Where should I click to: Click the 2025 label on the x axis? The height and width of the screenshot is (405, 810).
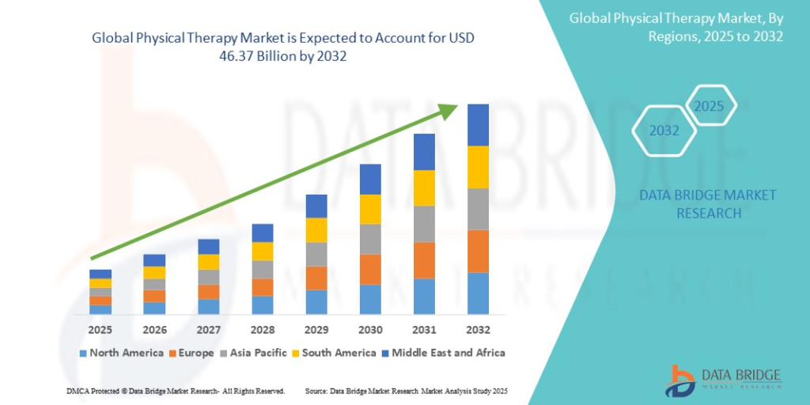point(100,329)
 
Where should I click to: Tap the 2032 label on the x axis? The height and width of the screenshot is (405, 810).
point(478,329)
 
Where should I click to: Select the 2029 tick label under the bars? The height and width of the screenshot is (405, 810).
point(316,329)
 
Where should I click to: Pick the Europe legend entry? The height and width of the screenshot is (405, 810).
point(191,353)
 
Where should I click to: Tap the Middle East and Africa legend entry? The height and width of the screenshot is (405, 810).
point(442,353)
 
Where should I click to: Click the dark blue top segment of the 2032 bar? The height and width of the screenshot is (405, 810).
point(478,125)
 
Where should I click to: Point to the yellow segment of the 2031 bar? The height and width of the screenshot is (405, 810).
point(424,187)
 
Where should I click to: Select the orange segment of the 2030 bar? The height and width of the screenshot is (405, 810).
point(370,269)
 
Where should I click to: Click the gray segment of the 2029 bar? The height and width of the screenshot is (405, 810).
point(316,254)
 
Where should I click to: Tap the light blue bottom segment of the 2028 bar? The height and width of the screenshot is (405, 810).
point(263,305)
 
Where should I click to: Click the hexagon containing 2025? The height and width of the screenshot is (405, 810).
point(709,106)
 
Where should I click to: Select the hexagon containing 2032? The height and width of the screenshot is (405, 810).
point(664,131)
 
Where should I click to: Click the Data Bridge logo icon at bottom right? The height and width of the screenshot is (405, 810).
point(682,380)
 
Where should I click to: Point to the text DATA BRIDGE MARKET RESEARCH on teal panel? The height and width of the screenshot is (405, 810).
point(708,204)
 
